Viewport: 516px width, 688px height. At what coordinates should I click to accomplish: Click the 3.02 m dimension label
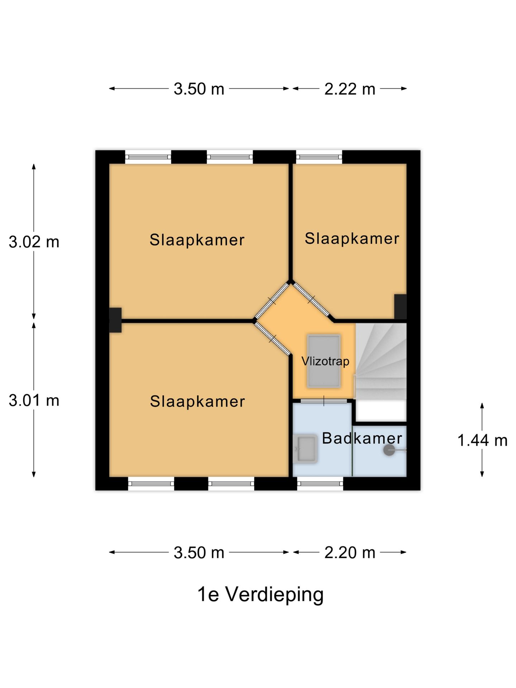34,242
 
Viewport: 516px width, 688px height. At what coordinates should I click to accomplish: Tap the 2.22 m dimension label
350,89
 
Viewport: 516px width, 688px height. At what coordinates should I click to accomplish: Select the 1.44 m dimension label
482,440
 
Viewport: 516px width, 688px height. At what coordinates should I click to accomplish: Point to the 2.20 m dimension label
350,553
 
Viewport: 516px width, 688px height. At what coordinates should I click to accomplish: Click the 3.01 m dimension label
34,400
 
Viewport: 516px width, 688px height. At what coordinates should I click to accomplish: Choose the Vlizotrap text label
325,361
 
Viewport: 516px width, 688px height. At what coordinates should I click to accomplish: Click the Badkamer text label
362,438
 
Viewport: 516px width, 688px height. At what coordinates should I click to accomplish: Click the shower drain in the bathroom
389,450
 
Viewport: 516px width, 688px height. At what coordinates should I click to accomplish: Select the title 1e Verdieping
261,594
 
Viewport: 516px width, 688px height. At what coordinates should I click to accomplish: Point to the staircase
381,361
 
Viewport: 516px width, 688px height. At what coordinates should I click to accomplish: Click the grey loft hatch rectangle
324,361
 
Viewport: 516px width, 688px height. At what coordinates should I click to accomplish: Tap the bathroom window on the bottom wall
320,484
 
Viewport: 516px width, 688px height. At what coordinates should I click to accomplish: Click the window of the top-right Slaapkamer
319,157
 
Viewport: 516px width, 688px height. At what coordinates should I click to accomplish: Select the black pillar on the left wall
115,320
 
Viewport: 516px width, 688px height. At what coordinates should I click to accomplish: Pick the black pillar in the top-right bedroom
401,307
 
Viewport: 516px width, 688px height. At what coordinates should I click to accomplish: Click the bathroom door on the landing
323,401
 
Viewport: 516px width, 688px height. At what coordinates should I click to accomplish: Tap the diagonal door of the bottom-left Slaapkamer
272,338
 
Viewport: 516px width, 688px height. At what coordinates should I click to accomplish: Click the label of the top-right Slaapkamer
352,239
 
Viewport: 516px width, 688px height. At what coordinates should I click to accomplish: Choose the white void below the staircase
381,411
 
